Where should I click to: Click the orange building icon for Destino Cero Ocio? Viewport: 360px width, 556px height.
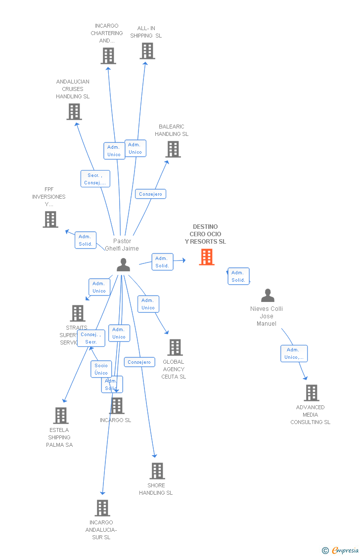(x=207, y=257)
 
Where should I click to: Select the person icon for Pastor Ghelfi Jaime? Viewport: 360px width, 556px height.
(x=123, y=265)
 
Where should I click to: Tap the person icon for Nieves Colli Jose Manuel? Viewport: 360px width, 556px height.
(x=268, y=296)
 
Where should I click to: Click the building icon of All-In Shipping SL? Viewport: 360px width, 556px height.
(x=147, y=51)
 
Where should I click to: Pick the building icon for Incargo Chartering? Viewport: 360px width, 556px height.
(x=108, y=56)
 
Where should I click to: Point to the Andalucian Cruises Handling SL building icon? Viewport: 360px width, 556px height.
(x=74, y=112)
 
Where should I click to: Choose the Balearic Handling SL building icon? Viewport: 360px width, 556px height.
(x=173, y=149)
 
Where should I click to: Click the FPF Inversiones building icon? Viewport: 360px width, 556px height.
(x=50, y=219)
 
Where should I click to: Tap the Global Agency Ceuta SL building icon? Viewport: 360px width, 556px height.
(x=175, y=347)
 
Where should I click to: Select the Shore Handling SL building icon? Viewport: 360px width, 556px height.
(x=157, y=471)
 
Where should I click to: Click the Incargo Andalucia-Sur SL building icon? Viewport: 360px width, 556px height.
(x=102, y=508)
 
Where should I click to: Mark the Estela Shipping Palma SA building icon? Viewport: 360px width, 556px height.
(x=61, y=416)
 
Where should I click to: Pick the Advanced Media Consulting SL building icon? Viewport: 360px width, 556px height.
(x=312, y=393)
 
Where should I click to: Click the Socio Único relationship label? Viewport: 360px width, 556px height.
(x=101, y=369)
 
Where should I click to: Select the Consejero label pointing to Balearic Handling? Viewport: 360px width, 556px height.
(x=150, y=194)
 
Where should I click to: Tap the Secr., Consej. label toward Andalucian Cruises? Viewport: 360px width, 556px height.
(x=95, y=179)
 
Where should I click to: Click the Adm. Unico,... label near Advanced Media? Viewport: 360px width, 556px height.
(x=294, y=353)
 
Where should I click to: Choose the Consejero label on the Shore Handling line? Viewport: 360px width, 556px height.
(x=139, y=362)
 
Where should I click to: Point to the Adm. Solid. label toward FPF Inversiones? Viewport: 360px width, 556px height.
(x=85, y=240)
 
